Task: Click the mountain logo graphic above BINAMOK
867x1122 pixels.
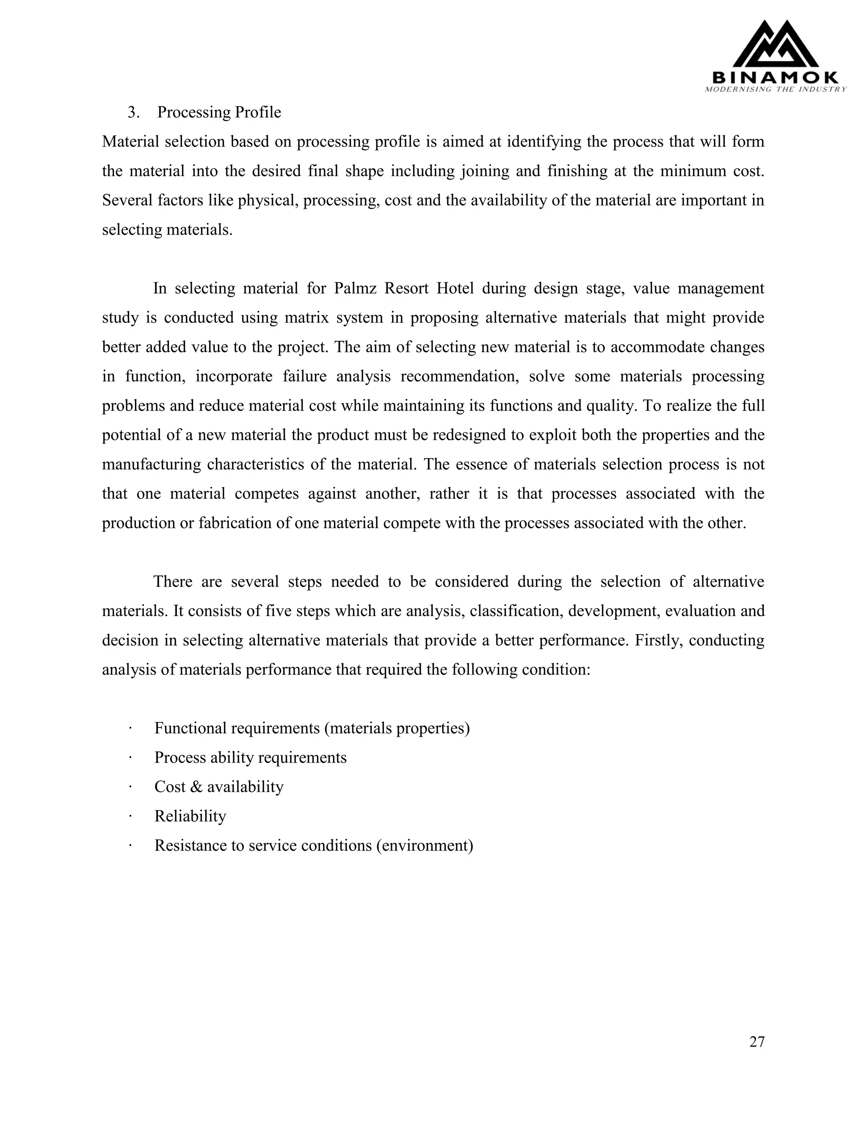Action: (776, 45)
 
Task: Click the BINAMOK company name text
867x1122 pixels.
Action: (776, 78)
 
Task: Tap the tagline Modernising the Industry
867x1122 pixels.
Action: (776, 89)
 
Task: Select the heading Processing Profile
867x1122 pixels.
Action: (219, 112)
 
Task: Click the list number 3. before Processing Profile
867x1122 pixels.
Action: (133, 112)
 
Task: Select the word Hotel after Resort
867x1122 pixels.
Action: (455, 288)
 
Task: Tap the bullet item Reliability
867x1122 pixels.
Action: (190, 816)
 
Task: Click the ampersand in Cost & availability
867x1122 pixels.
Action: (196, 787)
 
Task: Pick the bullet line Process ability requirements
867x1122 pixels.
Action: (250, 758)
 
